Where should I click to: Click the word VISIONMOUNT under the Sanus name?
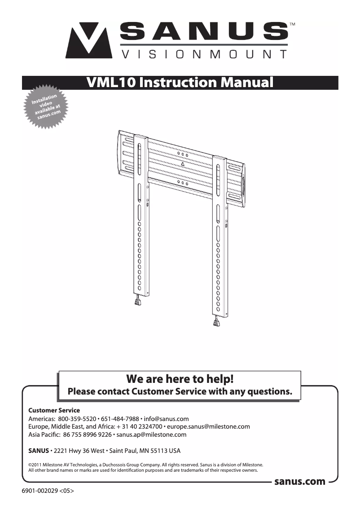(x=204, y=55)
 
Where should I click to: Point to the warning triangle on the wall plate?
(x=183, y=164)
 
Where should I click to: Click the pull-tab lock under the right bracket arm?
(x=217, y=321)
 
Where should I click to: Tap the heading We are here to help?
(x=180, y=378)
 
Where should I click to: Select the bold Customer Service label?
(x=54, y=410)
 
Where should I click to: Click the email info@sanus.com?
(x=167, y=419)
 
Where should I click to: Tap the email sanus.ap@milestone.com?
(x=151, y=434)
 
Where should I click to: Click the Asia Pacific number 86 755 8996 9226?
(x=88, y=434)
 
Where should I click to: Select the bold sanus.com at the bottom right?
(x=299, y=482)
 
